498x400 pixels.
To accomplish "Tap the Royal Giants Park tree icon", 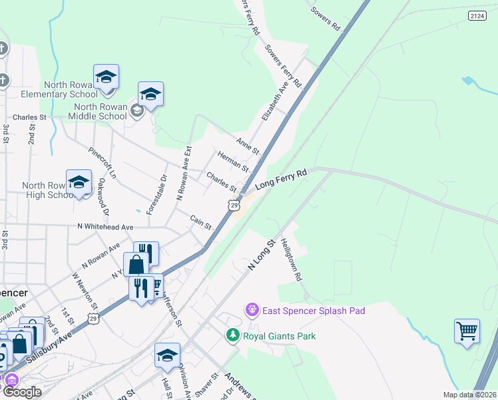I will coord(233,335).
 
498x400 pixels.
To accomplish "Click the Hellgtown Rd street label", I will coord(291,259).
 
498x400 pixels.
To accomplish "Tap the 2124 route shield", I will coord(477,15).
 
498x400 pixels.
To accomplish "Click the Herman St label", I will coord(233,161).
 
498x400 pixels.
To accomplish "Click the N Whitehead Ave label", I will coord(105,227).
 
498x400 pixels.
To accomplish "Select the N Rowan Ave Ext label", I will coord(183,174).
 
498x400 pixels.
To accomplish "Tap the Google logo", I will coord(22,392).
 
